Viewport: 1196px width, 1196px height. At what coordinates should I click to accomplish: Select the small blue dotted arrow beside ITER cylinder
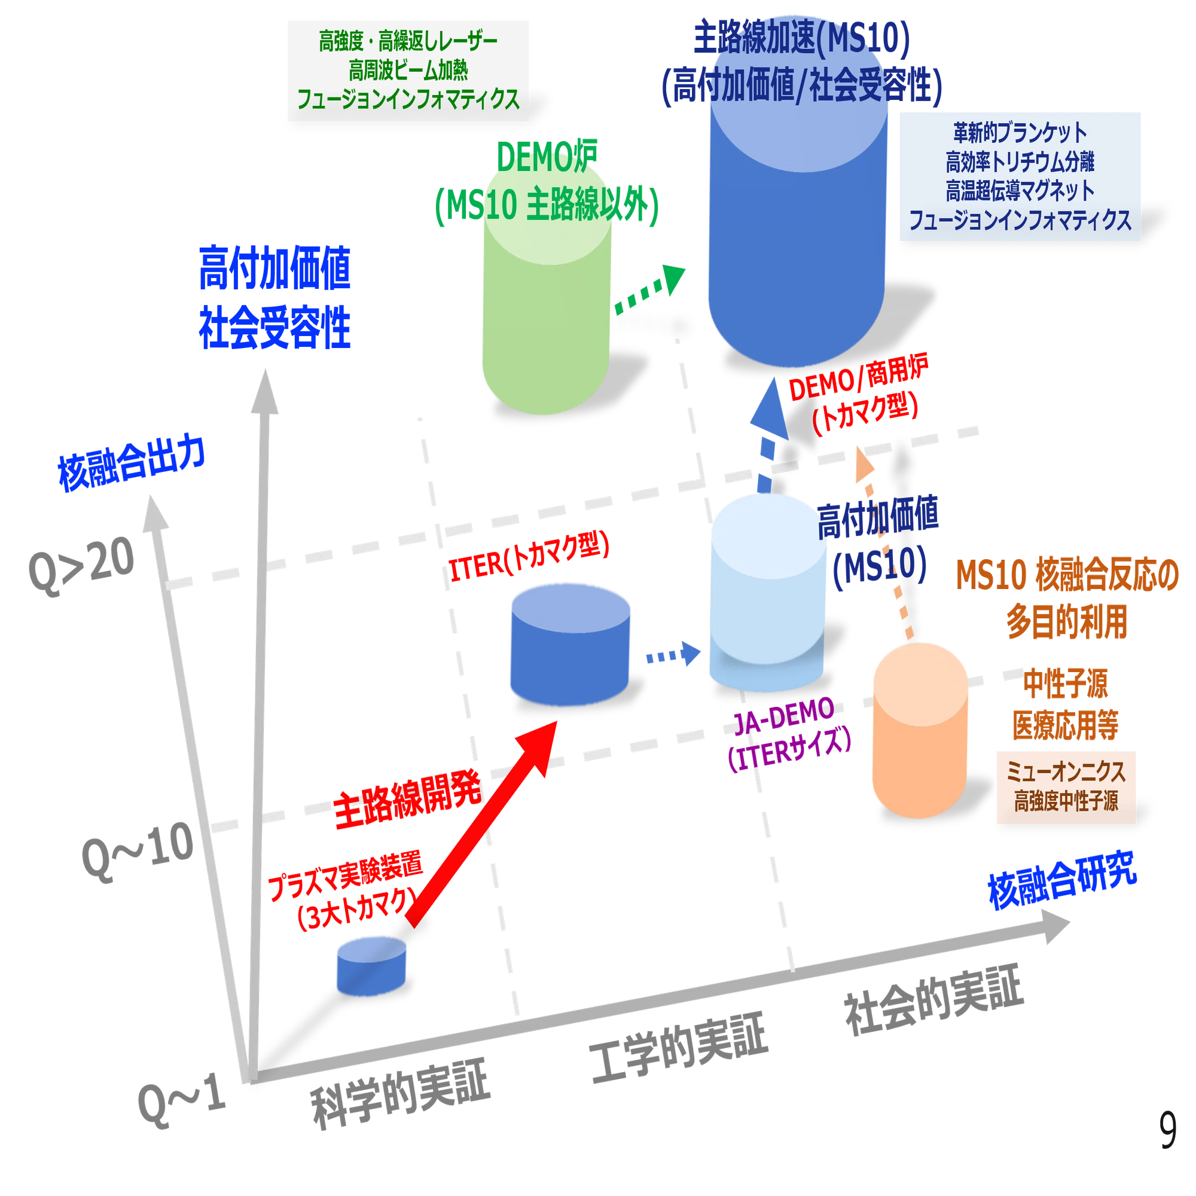click(673, 654)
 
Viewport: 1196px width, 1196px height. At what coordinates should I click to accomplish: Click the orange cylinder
click(920, 731)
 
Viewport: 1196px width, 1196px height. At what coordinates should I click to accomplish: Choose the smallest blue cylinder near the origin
click(371, 966)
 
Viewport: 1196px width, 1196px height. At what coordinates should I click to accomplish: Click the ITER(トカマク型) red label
click(529, 557)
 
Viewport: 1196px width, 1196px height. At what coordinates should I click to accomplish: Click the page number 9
click(1167, 1130)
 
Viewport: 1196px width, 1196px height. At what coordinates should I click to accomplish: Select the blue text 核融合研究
click(1062, 880)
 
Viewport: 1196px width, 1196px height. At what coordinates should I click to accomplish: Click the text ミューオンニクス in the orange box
click(1066, 772)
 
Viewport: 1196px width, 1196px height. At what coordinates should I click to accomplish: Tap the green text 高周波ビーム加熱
click(408, 70)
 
